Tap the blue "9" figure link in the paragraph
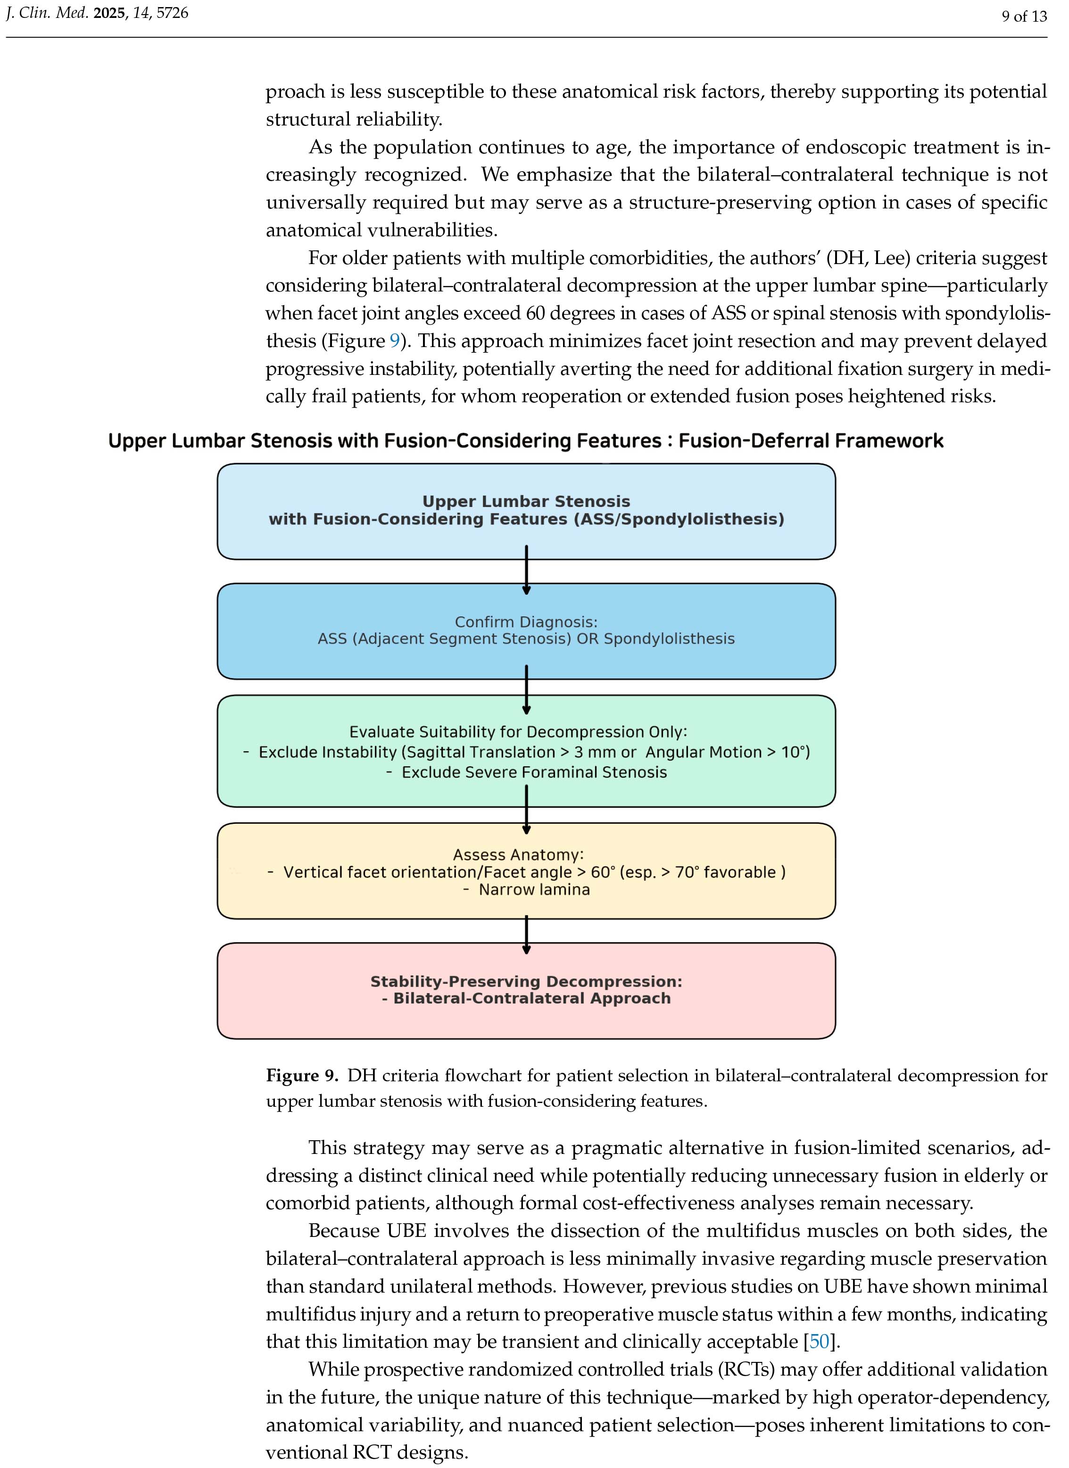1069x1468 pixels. coord(394,341)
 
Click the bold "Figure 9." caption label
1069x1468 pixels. coord(302,1076)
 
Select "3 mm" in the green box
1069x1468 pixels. coord(591,752)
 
